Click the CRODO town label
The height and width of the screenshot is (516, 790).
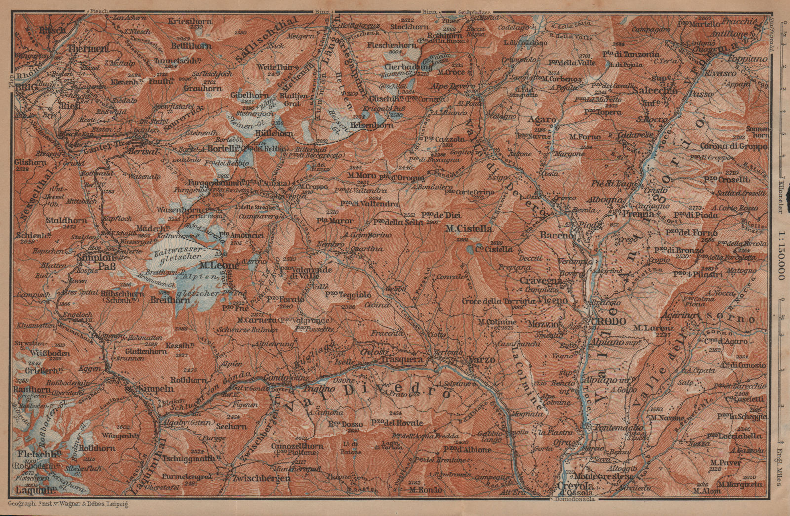[607, 321]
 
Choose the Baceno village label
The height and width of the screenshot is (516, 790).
[557, 236]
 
